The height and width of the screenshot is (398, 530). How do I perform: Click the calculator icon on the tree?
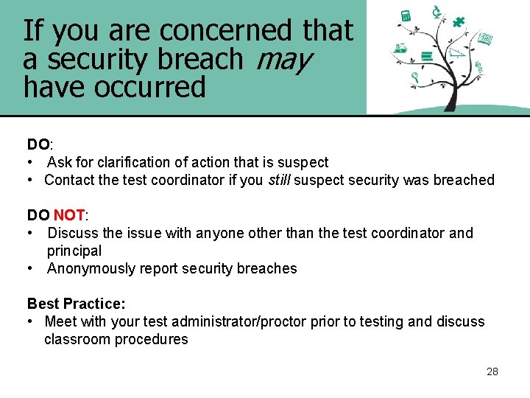[405, 16]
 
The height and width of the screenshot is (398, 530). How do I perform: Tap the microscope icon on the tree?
[436, 11]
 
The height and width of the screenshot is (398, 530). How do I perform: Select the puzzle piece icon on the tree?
[459, 21]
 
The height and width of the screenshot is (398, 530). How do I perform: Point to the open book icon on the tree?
[485, 38]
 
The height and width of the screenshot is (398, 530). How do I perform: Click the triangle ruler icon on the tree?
[457, 52]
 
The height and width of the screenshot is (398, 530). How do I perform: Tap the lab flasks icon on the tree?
[400, 49]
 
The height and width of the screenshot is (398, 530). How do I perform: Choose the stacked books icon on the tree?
[426, 56]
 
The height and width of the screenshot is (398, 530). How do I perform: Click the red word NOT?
[69, 215]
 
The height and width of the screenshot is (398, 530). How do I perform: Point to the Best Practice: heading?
[77, 304]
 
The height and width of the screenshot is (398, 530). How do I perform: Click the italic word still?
[278, 180]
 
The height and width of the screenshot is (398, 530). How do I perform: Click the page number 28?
[492, 371]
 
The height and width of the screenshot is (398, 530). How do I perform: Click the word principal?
[74, 251]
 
